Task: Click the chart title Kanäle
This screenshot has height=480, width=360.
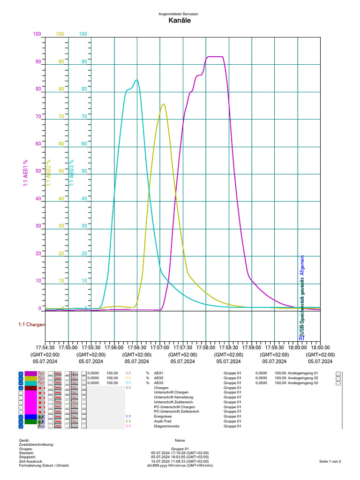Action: point(179,21)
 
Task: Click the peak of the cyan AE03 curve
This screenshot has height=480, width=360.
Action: point(136,80)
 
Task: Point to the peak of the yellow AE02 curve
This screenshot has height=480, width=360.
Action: point(163,104)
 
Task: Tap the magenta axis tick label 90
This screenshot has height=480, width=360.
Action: point(37,61)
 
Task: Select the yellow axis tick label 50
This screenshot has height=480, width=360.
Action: point(61,171)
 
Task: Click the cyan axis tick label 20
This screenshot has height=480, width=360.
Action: point(84,254)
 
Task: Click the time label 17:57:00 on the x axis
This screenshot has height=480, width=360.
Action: point(160,348)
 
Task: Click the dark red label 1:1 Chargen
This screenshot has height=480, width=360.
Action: point(32,324)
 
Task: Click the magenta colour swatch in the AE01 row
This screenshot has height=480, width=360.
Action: point(30,374)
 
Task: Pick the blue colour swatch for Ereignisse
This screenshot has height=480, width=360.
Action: point(30,416)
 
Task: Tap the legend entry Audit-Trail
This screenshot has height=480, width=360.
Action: point(163,421)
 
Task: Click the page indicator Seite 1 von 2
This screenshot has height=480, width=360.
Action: point(330,462)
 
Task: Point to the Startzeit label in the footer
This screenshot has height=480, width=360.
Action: point(26,453)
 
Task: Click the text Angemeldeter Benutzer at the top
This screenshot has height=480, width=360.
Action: point(179,15)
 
